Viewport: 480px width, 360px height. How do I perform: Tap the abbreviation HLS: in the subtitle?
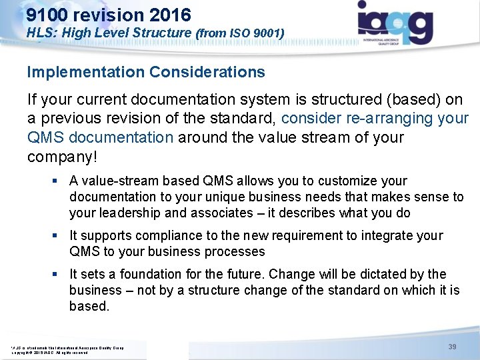[41, 31]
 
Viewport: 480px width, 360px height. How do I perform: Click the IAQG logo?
[395, 23]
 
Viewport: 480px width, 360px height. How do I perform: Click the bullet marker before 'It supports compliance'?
[60, 236]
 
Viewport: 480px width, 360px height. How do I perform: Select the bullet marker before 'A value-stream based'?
[60, 181]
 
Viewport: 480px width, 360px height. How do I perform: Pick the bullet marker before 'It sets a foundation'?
[60, 275]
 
